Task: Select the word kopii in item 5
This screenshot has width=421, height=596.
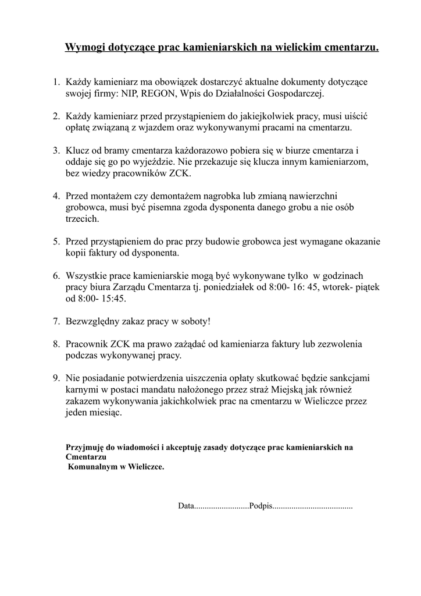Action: (76, 253)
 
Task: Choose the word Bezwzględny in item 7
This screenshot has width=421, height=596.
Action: (92, 321)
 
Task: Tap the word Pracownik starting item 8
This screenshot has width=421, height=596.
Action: (87, 344)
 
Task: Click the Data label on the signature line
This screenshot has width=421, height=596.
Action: (185, 506)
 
